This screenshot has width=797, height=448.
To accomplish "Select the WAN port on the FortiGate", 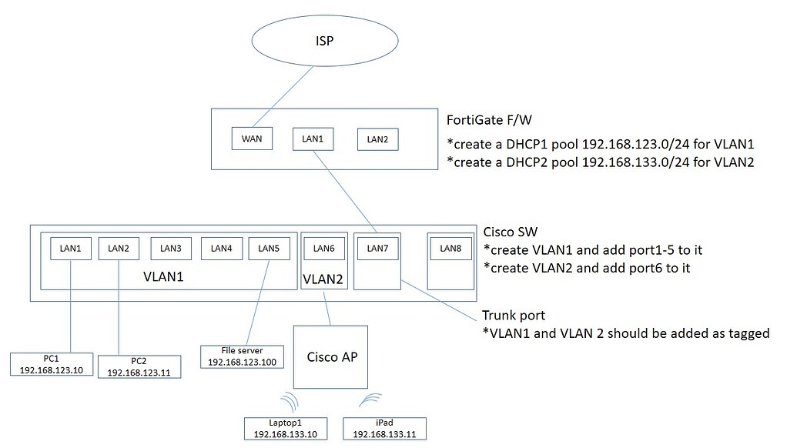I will [x=252, y=139].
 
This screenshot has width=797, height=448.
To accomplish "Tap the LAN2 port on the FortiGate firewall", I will [x=377, y=139].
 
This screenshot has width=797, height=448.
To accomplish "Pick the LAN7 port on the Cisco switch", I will [x=377, y=248].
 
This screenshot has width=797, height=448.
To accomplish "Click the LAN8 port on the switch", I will [x=450, y=248].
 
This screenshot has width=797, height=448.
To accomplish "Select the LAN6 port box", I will [x=324, y=248].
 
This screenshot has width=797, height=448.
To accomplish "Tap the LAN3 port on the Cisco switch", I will [x=171, y=248].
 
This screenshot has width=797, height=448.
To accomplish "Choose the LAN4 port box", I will [x=222, y=248].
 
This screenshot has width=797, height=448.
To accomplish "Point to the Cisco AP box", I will [x=331, y=356].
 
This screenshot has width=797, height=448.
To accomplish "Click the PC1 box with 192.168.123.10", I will [x=52, y=364].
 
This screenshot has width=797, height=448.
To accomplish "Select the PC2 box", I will [x=139, y=366].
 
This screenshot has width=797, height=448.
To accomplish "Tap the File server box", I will [x=243, y=356].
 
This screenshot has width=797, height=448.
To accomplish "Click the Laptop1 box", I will [x=285, y=429].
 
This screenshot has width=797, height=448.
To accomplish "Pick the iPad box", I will [x=383, y=429].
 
